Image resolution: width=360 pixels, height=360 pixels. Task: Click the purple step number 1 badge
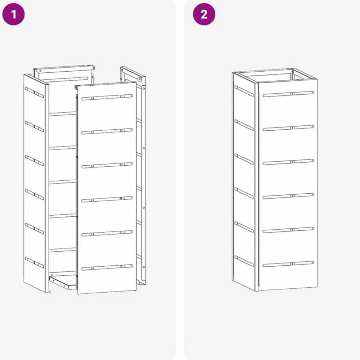pyautogui.click(x=13, y=14)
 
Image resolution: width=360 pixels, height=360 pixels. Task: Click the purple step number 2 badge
pyautogui.click(x=204, y=14)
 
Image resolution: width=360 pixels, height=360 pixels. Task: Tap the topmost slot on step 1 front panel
pyautogui.click(x=107, y=97)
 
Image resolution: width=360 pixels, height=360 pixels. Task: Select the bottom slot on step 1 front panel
pyautogui.click(x=107, y=267)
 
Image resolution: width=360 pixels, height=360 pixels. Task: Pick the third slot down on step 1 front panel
pyautogui.click(x=107, y=165)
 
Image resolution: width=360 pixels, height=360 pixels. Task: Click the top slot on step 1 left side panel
pyautogui.click(x=34, y=92)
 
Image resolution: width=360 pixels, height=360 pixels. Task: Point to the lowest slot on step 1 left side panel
pyautogui.click(x=34, y=262)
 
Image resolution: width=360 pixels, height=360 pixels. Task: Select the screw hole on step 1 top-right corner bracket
pyautogui.click(x=140, y=79)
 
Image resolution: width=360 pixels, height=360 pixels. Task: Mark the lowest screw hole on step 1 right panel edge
pyautogui.click(x=144, y=267)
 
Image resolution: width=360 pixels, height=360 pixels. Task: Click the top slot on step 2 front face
pyautogui.click(x=288, y=94)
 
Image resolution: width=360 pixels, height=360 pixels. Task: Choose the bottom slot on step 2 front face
pyautogui.click(x=288, y=264)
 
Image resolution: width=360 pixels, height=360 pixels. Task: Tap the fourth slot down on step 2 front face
pyautogui.click(x=288, y=196)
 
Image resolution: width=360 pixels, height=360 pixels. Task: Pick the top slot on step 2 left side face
pyautogui.click(x=244, y=91)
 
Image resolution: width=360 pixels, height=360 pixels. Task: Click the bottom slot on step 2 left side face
pyautogui.click(x=244, y=261)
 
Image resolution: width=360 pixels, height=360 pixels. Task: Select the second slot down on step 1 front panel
pyautogui.click(x=107, y=131)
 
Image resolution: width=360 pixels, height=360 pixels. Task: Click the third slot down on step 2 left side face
pyautogui.click(x=244, y=159)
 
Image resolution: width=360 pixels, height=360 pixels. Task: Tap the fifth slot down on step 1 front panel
pyautogui.click(x=107, y=233)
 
